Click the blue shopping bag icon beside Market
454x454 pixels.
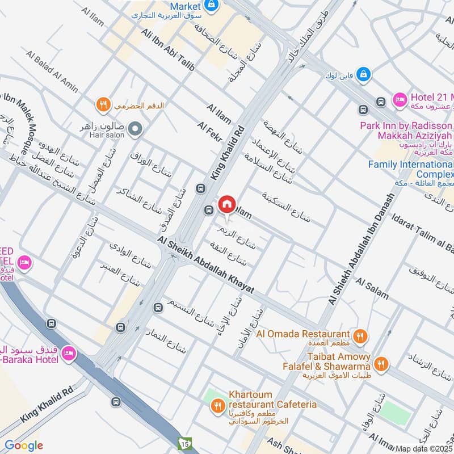tap(212, 5)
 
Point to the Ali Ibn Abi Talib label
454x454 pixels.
tap(168, 50)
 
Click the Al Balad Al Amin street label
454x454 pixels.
tap(52, 72)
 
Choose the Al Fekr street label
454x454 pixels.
tap(208, 131)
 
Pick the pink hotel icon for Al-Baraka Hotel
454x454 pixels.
tap(70, 352)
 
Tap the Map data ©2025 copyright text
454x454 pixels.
tap(424, 448)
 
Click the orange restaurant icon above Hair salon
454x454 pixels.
tap(102, 104)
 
